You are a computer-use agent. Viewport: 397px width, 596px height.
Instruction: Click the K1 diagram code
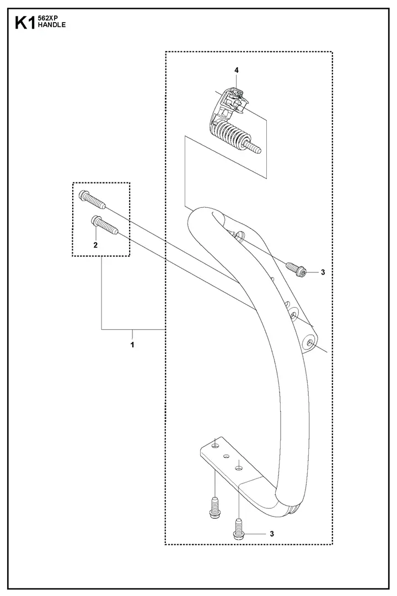click(x=25, y=23)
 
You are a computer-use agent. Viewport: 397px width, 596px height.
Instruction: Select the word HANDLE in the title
click(x=52, y=25)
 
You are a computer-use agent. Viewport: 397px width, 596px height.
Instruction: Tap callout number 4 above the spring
click(x=237, y=71)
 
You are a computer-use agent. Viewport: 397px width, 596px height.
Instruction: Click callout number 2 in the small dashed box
click(x=95, y=245)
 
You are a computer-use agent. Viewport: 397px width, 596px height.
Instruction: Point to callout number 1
click(x=132, y=345)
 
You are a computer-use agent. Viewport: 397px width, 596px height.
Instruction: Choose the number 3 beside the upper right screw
click(x=323, y=272)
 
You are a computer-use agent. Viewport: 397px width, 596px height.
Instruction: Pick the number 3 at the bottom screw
click(x=272, y=534)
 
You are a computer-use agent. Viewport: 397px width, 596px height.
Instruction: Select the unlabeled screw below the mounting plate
click(x=215, y=507)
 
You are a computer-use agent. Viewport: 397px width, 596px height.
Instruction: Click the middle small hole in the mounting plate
click(x=226, y=455)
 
